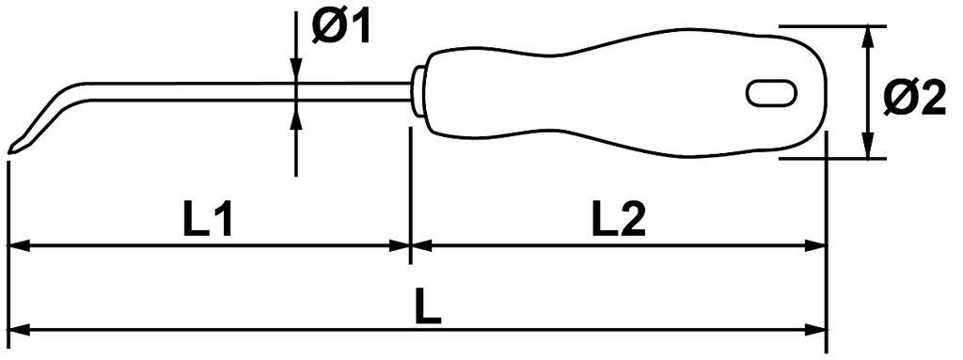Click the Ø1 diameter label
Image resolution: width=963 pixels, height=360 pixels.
point(341,28)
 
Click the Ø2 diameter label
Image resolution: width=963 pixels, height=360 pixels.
point(914,99)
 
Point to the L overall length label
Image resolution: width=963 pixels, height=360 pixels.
point(428,307)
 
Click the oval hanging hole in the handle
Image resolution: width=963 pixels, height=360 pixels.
point(772,93)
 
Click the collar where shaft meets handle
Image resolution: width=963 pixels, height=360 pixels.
point(418,91)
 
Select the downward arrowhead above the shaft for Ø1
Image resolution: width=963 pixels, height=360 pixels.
point(296,69)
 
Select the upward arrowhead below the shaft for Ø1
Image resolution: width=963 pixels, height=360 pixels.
point(296,114)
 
